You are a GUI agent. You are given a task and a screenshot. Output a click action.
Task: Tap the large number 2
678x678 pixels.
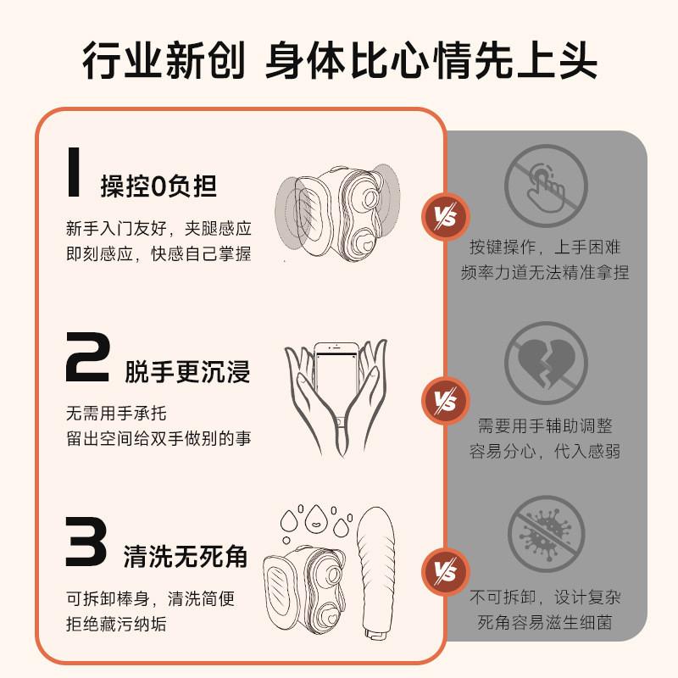[x=86, y=358]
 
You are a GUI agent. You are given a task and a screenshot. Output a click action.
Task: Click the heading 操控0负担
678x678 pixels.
[x=158, y=186]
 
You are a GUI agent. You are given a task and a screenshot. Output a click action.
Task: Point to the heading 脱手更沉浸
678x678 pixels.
[x=187, y=371]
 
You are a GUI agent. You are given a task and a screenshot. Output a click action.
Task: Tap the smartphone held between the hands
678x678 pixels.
[x=336, y=386]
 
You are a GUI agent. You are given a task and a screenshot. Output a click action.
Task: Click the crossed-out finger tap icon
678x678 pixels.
[x=545, y=184]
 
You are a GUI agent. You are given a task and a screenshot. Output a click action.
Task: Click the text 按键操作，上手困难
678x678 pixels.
[x=545, y=247]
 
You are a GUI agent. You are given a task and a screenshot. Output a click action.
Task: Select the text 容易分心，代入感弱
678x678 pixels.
[x=545, y=451]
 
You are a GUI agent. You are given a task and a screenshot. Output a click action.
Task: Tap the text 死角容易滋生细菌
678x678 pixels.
[x=545, y=623]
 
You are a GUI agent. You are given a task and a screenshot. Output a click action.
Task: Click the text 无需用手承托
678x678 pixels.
[x=117, y=414]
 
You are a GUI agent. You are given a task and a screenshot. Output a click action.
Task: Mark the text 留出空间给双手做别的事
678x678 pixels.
[x=158, y=439]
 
